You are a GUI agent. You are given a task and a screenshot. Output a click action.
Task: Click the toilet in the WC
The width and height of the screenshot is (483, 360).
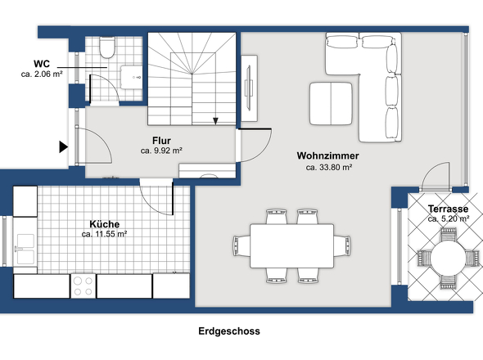(107, 47)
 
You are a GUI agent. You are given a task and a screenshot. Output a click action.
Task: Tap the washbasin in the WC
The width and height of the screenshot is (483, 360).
(132, 77)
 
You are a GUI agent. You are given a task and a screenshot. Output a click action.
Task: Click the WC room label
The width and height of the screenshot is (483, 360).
(42, 64)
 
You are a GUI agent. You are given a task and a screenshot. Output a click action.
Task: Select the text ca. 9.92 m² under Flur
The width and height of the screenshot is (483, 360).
(161, 151)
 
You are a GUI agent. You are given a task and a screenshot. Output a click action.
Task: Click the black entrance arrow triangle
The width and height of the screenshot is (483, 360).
(64, 147)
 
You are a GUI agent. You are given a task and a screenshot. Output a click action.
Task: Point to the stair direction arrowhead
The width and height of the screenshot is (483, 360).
(215, 121)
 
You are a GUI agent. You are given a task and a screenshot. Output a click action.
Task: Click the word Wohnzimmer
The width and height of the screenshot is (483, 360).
(327, 155)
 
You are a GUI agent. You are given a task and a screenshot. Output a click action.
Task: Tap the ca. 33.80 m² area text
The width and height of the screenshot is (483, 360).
(329, 167)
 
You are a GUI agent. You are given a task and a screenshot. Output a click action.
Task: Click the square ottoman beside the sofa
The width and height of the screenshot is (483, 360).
(331, 103)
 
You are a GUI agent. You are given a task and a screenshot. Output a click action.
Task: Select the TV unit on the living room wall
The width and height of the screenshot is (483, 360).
(249, 88)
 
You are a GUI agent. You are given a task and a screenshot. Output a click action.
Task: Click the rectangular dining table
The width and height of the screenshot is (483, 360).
(291, 246)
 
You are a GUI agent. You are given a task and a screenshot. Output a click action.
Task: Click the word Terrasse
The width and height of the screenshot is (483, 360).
(448, 209)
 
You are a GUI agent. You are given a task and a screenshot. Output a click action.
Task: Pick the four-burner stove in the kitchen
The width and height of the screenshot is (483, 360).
(84, 286)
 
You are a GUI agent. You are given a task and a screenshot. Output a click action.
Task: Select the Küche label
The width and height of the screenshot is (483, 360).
(105, 224)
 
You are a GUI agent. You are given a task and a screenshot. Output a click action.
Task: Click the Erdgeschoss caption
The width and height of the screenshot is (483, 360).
(229, 331)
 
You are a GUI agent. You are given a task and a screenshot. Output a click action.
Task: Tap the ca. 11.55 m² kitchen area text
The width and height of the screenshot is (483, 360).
(105, 234)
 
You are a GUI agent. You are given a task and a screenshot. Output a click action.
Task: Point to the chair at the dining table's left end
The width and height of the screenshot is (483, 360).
(241, 246)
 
